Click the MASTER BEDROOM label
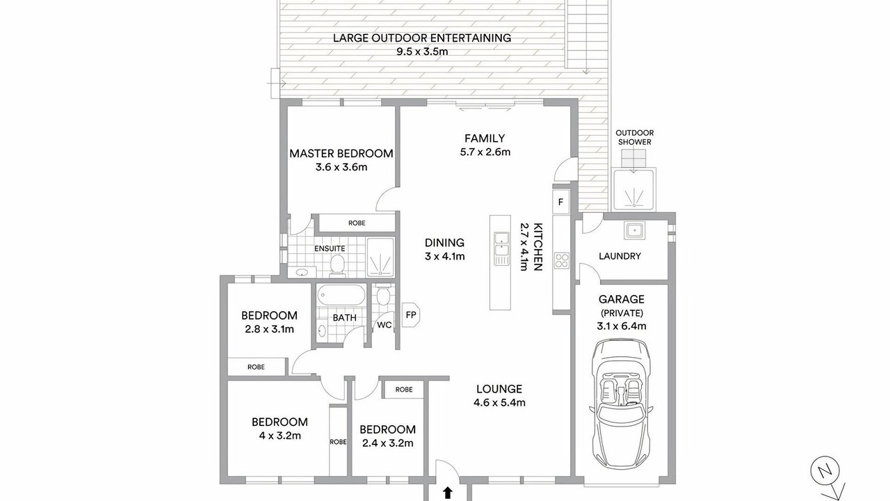tap(341, 154)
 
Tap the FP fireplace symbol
tap(411, 315)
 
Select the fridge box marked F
tap(560, 202)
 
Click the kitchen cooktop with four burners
tap(562, 261)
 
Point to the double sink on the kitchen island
tap(501, 248)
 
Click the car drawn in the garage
tap(621, 407)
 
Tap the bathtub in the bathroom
tap(341, 296)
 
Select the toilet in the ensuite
tap(337, 265)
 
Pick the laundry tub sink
tap(634, 230)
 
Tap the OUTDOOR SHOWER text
tap(635, 137)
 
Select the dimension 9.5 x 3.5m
tap(422, 51)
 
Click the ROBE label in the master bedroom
tap(357, 223)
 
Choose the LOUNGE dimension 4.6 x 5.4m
tap(499, 402)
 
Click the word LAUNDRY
tap(620, 256)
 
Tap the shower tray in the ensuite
tap(380, 257)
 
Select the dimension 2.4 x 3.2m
tap(388, 443)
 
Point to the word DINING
tap(444, 243)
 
